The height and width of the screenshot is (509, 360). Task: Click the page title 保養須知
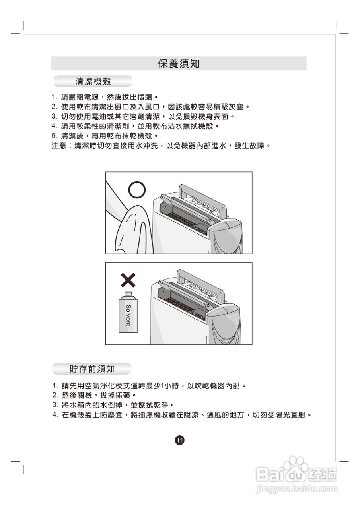click(x=179, y=64)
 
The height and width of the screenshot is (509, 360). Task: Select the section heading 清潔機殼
click(x=93, y=82)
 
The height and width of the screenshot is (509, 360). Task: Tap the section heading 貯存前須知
click(x=92, y=369)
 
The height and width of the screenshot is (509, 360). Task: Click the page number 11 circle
click(x=179, y=440)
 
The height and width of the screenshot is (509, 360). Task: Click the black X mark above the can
click(x=128, y=280)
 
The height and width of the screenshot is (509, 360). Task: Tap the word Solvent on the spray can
click(x=128, y=315)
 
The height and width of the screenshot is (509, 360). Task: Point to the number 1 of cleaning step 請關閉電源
click(x=54, y=97)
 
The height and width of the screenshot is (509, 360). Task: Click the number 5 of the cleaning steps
click(x=54, y=136)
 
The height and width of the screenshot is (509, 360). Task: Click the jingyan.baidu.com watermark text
click(x=297, y=488)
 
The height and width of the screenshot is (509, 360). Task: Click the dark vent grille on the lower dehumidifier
click(x=181, y=306)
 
